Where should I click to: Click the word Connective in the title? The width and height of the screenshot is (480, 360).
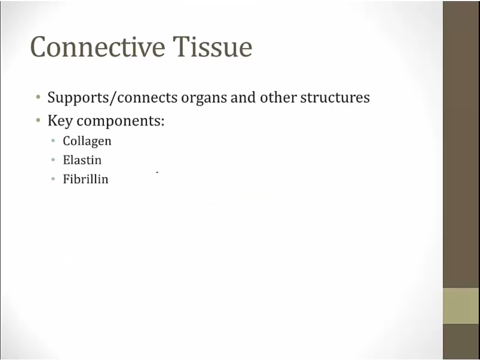coord(98,46)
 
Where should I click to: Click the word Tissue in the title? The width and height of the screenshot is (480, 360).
coord(212,46)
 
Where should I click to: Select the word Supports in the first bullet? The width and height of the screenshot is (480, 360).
coord(76,98)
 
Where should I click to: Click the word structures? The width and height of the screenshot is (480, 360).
coord(335,98)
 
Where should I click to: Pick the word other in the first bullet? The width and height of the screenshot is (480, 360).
coord(278,97)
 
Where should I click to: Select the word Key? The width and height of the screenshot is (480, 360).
coord(60,121)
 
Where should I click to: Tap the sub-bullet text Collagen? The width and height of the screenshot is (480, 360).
coord(87,141)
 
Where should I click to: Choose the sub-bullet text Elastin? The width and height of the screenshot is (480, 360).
coord(82,160)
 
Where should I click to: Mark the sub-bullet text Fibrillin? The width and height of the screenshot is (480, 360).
coord(85,179)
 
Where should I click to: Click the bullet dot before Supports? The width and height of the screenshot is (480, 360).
coord(38,98)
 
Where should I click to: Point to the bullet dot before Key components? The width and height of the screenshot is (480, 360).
coord(38,121)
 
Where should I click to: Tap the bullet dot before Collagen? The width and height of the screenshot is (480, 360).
coord(53,141)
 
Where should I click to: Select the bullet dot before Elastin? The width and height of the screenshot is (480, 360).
coord(53,160)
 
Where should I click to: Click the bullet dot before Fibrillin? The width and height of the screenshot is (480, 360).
coord(53,179)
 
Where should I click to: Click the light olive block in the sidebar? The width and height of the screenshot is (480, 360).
coord(461,306)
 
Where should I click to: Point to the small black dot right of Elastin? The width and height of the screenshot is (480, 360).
coord(157,173)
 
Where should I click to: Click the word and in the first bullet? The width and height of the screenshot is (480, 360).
coord(243,97)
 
